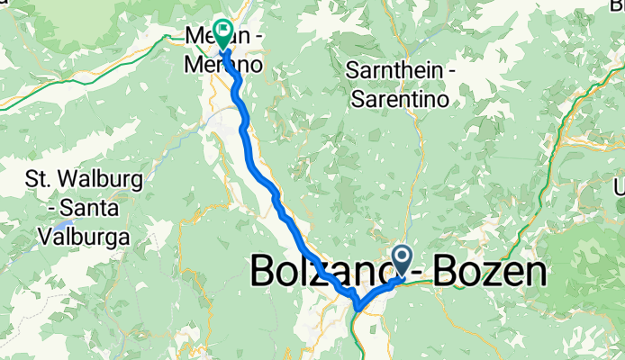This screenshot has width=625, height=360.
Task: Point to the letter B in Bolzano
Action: click(x=263, y=270)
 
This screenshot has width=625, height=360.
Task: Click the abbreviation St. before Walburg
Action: click(x=42, y=180)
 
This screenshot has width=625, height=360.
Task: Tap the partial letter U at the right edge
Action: click(x=620, y=187)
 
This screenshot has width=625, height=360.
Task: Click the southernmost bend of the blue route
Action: click(x=358, y=308)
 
